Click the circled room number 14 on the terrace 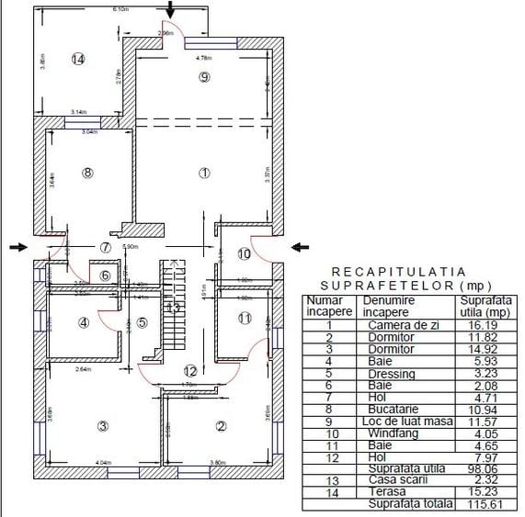click(79, 59)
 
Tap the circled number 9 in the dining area click(204, 77)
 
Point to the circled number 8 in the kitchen click(87, 172)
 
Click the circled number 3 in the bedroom click(102, 425)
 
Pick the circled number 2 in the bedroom click(221, 425)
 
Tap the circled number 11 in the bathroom click(244, 318)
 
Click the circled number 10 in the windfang click(245, 253)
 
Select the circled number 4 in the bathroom click(84, 322)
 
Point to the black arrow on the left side click(17, 246)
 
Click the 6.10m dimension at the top click(120, 9)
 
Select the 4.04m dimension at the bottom click(103, 463)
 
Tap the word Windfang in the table click(390, 433)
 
